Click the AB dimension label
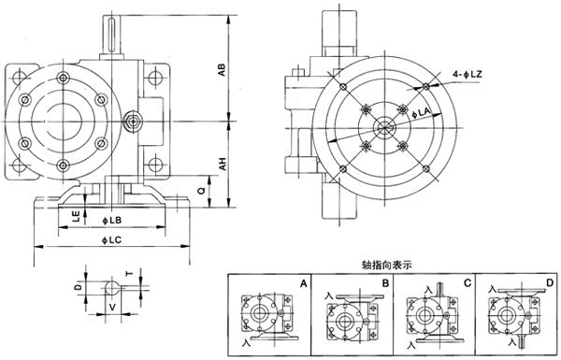point(223,70)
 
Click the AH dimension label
point(223,164)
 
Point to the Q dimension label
point(202,192)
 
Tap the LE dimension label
point(76,216)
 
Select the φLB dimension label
point(111,221)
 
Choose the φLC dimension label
point(111,240)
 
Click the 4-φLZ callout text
point(467,75)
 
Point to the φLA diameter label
point(421,112)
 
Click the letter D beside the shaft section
point(79,286)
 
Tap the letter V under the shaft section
point(112,307)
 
